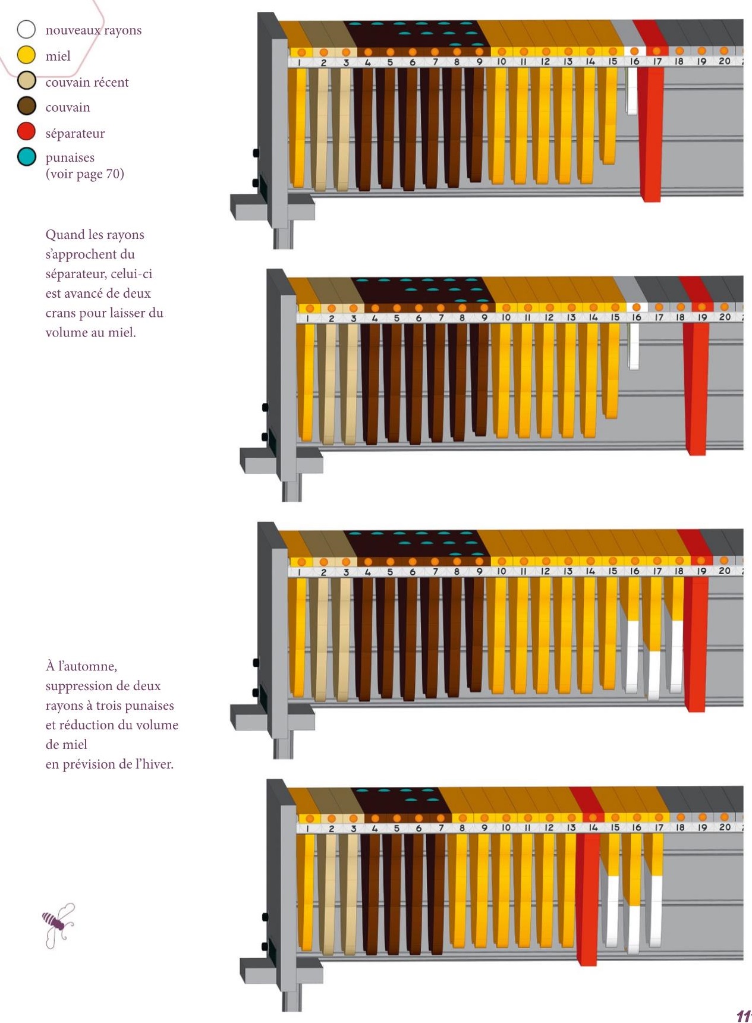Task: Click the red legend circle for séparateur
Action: click(26, 132)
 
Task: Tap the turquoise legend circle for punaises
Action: click(26, 157)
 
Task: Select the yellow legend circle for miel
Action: click(26, 55)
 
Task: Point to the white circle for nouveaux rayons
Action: click(26, 29)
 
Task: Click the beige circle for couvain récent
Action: click(26, 81)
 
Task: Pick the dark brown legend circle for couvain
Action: click(26, 106)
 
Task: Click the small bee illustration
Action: click(58, 924)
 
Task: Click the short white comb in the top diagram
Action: click(632, 92)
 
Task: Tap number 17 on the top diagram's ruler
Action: click(657, 61)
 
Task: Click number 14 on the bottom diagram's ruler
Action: click(593, 827)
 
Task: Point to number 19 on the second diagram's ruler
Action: click(702, 317)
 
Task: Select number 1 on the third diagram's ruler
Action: click(299, 572)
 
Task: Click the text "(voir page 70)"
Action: click(84, 174)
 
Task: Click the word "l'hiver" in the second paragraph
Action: click(154, 764)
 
